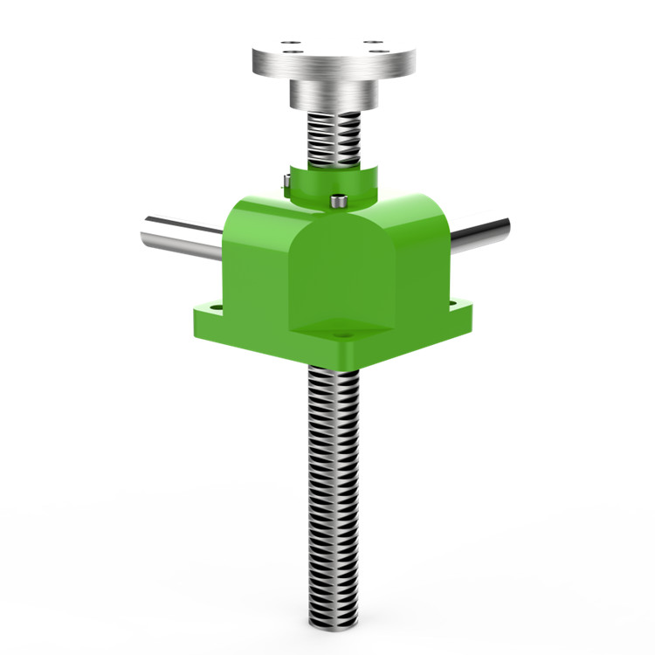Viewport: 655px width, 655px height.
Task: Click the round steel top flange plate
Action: (332, 59)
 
